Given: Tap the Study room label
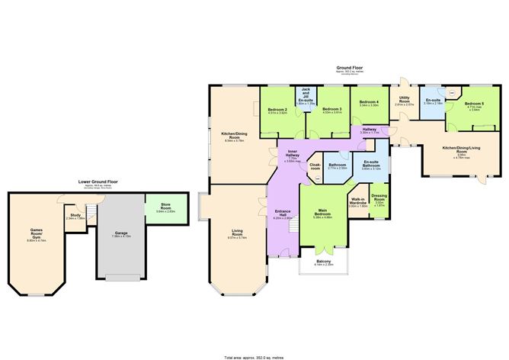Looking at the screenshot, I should click(75, 216).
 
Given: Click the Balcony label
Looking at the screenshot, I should click(324, 262).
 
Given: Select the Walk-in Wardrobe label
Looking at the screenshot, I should click(358, 203).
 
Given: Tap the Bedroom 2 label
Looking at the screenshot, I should click(277, 111).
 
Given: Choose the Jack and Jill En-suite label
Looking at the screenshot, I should click(305, 95).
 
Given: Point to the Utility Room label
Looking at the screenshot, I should click(404, 100).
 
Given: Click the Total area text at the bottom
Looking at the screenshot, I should click(254, 355).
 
